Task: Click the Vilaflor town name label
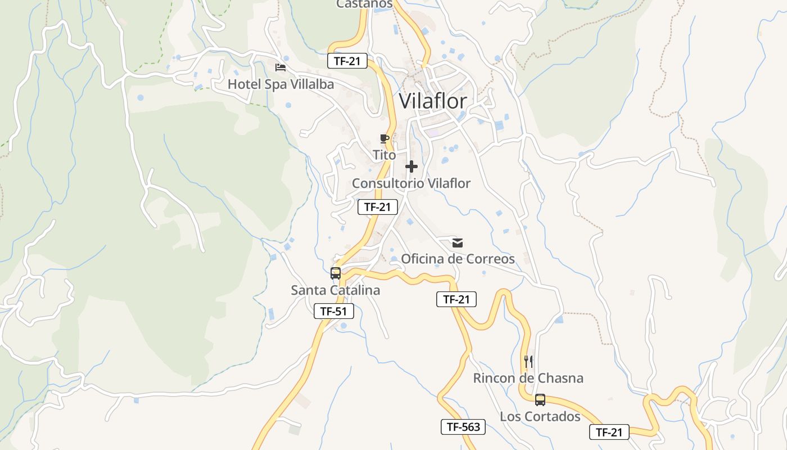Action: (x=433, y=101)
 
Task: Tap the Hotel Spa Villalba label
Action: (x=281, y=84)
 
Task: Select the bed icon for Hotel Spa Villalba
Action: (x=281, y=67)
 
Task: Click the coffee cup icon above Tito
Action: (x=385, y=138)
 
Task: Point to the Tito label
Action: (x=385, y=155)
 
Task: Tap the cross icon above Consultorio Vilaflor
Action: (x=411, y=166)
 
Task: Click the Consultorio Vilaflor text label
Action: (x=411, y=183)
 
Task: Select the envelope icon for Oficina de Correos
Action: (x=458, y=243)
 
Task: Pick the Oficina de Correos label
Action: (x=458, y=259)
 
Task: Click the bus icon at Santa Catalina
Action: (x=336, y=273)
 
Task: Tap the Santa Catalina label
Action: (x=336, y=290)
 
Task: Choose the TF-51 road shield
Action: (x=334, y=311)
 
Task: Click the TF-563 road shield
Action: (x=463, y=427)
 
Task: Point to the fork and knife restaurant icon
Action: (x=528, y=361)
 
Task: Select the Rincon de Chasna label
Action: (x=528, y=378)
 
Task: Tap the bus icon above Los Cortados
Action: (x=540, y=400)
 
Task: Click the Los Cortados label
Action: (x=540, y=416)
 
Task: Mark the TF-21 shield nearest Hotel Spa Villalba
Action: (x=347, y=61)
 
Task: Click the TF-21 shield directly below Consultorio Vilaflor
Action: (x=378, y=207)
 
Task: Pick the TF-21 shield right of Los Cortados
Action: (x=609, y=432)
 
